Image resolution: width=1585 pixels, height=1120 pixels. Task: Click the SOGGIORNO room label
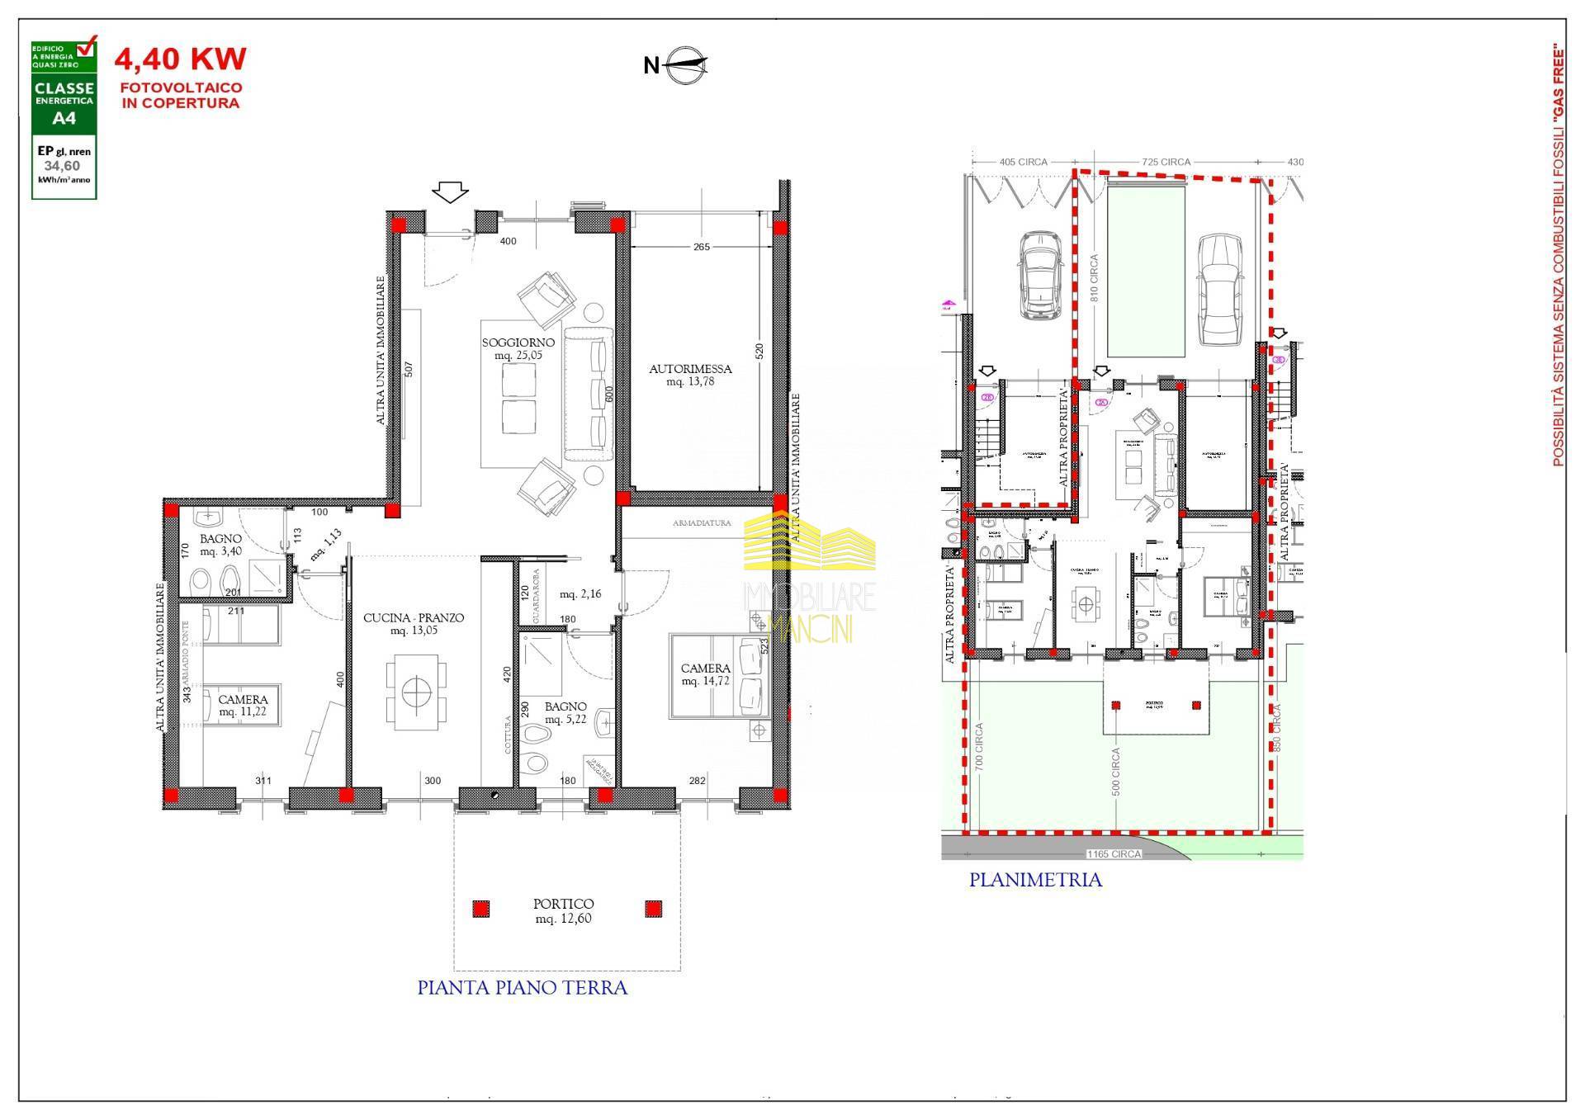pos(518,348)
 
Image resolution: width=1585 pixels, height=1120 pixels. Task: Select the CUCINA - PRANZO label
pos(414,624)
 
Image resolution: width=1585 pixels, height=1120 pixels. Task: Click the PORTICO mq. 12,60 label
pos(563,910)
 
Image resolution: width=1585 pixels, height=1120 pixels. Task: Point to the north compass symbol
pos(677,65)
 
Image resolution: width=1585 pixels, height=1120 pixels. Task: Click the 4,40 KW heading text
pos(180,59)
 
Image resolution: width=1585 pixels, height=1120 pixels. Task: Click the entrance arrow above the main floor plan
pos(450,192)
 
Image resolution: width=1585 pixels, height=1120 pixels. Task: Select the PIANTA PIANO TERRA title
pos(522,988)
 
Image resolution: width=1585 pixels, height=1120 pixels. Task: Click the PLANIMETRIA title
pos(1035,880)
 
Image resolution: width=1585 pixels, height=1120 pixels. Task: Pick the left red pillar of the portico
pos(480,909)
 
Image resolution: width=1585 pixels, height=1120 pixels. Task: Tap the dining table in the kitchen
pos(418,691)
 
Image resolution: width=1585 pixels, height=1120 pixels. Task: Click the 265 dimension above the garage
pos(702,246)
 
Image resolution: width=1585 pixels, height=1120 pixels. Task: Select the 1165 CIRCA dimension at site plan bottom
pos(1114,854)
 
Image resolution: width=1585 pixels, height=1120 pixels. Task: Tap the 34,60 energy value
pos(63,166)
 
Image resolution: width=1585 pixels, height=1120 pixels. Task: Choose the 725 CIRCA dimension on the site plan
pos(1166,162)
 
